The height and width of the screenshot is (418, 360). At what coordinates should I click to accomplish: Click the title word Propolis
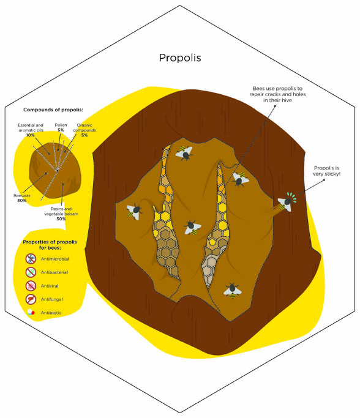pyautogui.click(x=180, y=58)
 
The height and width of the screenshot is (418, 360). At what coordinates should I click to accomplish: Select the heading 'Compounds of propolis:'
pyautogui.click(x=53, y=110)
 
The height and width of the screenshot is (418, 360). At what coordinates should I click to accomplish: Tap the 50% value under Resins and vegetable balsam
pyautogui.click(x=61, y=219)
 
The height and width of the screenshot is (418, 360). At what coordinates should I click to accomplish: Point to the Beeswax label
pyautogui.click(x=22, y=195)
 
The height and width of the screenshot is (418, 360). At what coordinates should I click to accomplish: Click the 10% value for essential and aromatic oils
pyautogui.click(x=31, y=135)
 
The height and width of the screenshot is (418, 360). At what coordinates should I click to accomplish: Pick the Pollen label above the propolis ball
pyautogui.click(x=61, y=125)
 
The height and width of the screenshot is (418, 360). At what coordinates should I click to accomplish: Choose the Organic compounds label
pyautogui.click(x=84, y=128)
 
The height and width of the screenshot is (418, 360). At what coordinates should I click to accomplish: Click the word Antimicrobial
pyautogui.click(x=54, y=259)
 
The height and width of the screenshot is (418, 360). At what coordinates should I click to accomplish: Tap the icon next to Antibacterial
pyautogui.click(x=31, y=272)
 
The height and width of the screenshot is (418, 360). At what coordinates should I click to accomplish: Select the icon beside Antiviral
pyautogui.click(x=31, y=286)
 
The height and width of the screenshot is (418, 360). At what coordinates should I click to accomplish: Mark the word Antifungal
pyautogui.click(x=51, y=299)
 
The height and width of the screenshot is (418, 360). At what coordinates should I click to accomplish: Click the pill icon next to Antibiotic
pyautogui.click(x=31, y=312)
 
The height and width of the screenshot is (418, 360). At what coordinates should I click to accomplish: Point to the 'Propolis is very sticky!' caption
pyautogui.click(x=326, y=171)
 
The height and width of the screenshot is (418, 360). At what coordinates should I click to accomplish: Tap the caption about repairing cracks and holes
pyautogui.click(x=277, y=94)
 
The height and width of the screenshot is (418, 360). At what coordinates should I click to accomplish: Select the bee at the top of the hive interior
pyautogui.click(x=184, y=153)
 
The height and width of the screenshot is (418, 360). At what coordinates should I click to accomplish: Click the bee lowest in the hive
pyautogui.click(x=233, y=290)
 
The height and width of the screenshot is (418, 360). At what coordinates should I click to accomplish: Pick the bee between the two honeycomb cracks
pyautogui.click(x=192, y=228)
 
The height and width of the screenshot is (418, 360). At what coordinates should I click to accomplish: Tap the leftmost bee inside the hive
pyautogui.click(x=135, y=212)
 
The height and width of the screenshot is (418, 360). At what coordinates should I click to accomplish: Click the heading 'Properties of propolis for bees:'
pyautogui.click(x=50, y=245)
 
